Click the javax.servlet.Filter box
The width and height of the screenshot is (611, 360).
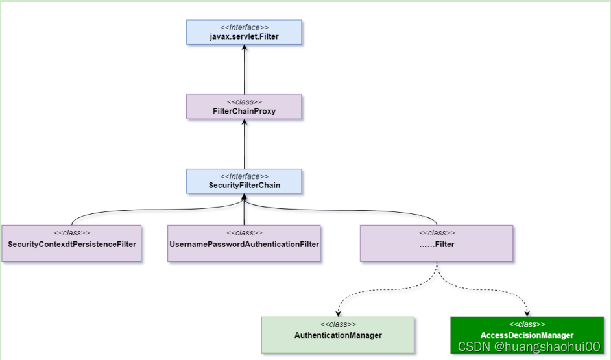(244, 32)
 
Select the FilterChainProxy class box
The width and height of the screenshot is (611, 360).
(244, 107)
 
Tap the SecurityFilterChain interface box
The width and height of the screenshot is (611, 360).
(244, 181)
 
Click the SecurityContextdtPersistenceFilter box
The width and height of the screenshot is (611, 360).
(71, 243)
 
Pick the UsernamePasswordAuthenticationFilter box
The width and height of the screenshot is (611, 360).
(244, 243)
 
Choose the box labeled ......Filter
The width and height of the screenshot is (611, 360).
(437, 243)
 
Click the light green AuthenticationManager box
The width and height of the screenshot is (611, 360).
(337, 335)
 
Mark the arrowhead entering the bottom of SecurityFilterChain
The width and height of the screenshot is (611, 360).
(244, 198)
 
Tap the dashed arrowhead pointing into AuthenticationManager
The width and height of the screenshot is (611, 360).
(337, 313)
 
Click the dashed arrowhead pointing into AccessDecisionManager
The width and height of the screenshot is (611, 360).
(527, 313)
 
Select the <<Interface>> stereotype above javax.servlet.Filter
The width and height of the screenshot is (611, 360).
(244, 27)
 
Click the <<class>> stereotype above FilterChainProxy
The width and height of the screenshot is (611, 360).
(244, 102)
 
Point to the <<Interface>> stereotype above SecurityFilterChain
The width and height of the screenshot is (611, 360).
(244, 176)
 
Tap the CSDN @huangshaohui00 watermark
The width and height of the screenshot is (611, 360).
(529, 347)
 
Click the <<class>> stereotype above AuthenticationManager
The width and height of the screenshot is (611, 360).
(337, 324)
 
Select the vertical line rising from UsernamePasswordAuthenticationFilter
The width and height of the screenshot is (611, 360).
(244, 214)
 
